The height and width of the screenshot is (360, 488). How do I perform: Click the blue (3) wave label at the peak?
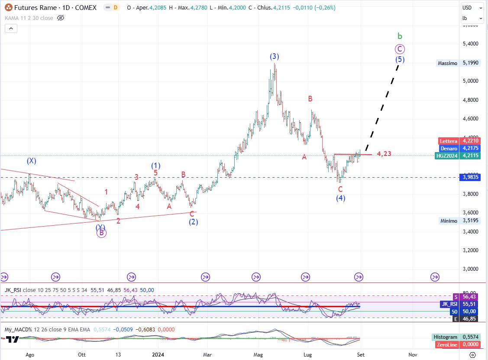275,56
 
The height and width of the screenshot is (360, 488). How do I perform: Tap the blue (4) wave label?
340,198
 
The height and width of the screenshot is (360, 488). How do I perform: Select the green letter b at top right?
400,36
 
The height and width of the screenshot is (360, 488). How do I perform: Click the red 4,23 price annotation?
384,154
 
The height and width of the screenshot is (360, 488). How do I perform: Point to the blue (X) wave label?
31,161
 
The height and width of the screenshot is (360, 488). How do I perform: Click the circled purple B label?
101,233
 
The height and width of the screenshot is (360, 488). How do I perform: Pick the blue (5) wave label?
400,59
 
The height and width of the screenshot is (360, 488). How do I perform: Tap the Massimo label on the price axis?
447,63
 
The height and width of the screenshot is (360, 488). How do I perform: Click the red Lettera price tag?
448,141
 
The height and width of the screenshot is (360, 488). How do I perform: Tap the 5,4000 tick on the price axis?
470,44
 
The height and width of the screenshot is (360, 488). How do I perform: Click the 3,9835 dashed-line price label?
470,177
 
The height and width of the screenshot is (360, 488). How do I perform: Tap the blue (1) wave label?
156,165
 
